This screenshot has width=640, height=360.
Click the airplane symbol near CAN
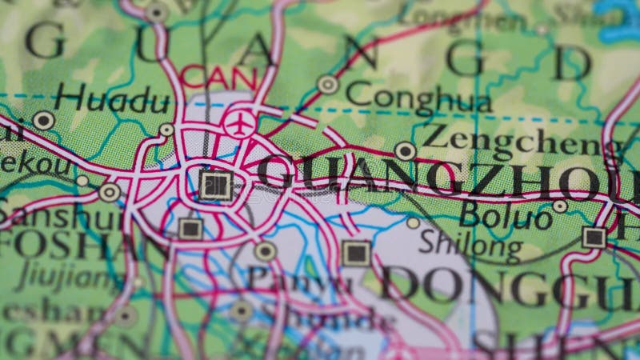(x=239, y=124)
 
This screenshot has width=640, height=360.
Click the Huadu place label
(x=112, y=101)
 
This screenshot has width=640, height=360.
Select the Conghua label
(x=418, y=99)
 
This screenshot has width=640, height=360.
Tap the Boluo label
(x=506, y=215)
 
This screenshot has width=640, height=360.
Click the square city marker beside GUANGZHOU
(x=215, y=185)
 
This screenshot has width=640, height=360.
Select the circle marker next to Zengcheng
(x=406, y=150)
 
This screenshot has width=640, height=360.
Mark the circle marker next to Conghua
(x=328, y=84)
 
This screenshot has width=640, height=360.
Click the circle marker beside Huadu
(x=43, y=121)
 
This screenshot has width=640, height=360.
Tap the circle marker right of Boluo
(x=560, y=206)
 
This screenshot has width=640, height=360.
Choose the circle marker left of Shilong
(x=413, y=223)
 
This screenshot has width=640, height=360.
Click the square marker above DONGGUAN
(x=356, y=253)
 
